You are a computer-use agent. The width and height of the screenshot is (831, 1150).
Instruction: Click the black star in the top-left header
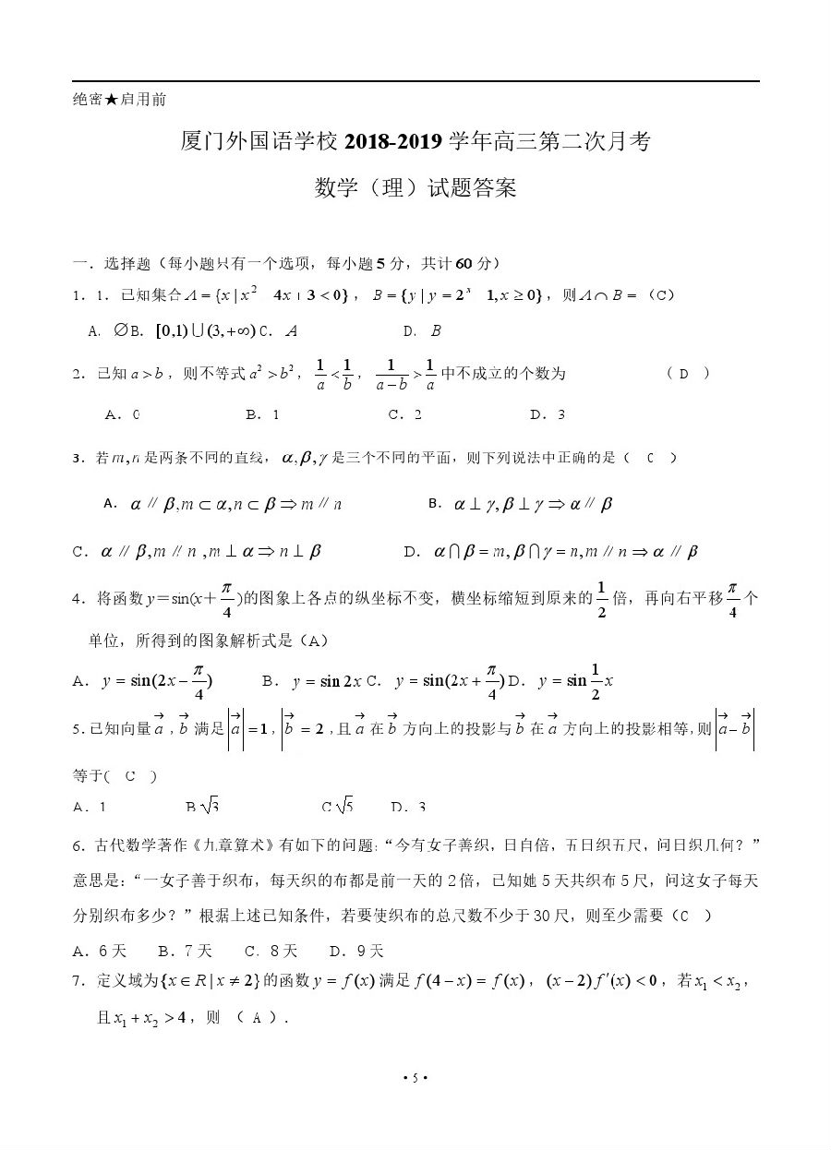click(x=112, y=100)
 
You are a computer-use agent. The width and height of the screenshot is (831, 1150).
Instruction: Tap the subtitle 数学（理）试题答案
click(x=415, y=189)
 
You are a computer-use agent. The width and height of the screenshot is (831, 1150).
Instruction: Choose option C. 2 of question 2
click(x=405, y=414)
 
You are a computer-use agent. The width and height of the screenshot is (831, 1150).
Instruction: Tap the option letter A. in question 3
click(x=111, y=504)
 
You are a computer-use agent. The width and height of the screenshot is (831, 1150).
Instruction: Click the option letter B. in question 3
click(x=436, y=504)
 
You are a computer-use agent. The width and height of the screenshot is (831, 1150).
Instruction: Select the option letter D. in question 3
click(x=413, y=552)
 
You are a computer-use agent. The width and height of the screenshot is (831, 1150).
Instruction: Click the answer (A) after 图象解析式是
click(x=315, y=640)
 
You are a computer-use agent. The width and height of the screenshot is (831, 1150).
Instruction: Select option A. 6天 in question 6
click(x=100, y=951)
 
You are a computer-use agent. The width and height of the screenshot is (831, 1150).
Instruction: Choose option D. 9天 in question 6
click(x=356, y=951)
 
